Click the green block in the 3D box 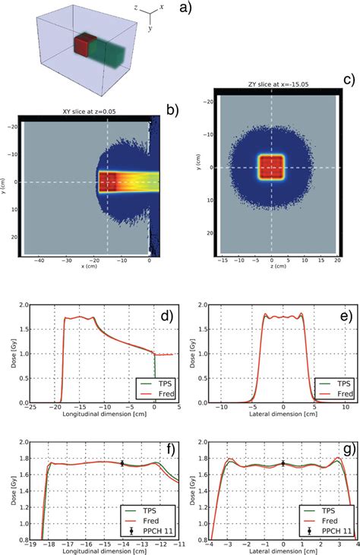[x=109, y=55]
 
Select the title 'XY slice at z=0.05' [x=90, y=112]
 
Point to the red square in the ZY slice [x=271, y=166]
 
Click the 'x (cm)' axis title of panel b [x=90, y=267]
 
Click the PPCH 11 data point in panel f [x=122, y=462]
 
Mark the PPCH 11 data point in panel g [x=283, y=462]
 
